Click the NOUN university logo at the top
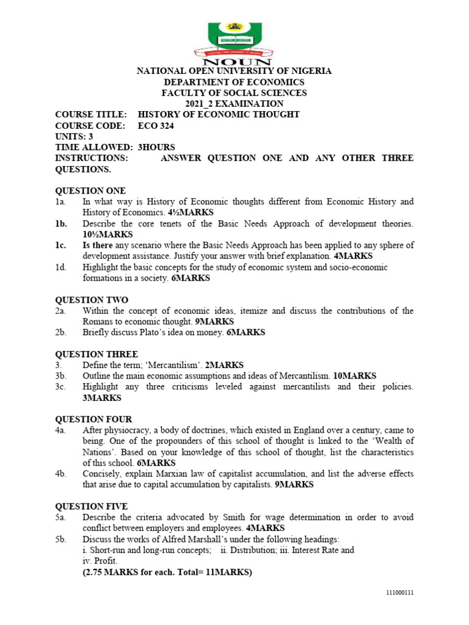coord(234,43)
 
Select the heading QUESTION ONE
coord(90,190)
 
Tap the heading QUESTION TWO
coord(92,300)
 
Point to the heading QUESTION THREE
coord(96,354)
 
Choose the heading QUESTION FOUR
coord(93,419)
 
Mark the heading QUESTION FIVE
coord(92,506)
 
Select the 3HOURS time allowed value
coord(156,147)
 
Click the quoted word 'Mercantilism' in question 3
coord(178,365)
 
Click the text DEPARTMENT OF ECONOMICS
coord(234,82)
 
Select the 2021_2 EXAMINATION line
coord(234,104)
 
